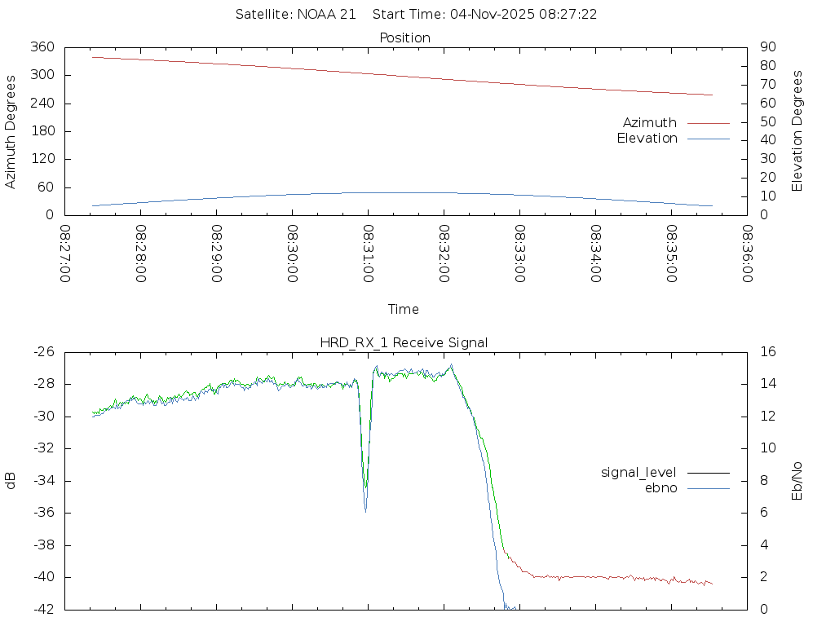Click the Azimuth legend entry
tap(650, 123)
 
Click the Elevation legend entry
tap(647, 139)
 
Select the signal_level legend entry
tap(638, 473)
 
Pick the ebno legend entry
tap(661, 488)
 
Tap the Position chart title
tap(405, 38)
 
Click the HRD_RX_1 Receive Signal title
tap(404, 343)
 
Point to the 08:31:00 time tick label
tap(369, 253)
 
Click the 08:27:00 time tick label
tap(65, 253)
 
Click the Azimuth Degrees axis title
tap(11, 131)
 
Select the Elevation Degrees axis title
tap(798, 131)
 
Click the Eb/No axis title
tap(798, 481)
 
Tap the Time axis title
tap(404, 310)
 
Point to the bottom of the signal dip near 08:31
tap(365, 510)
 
